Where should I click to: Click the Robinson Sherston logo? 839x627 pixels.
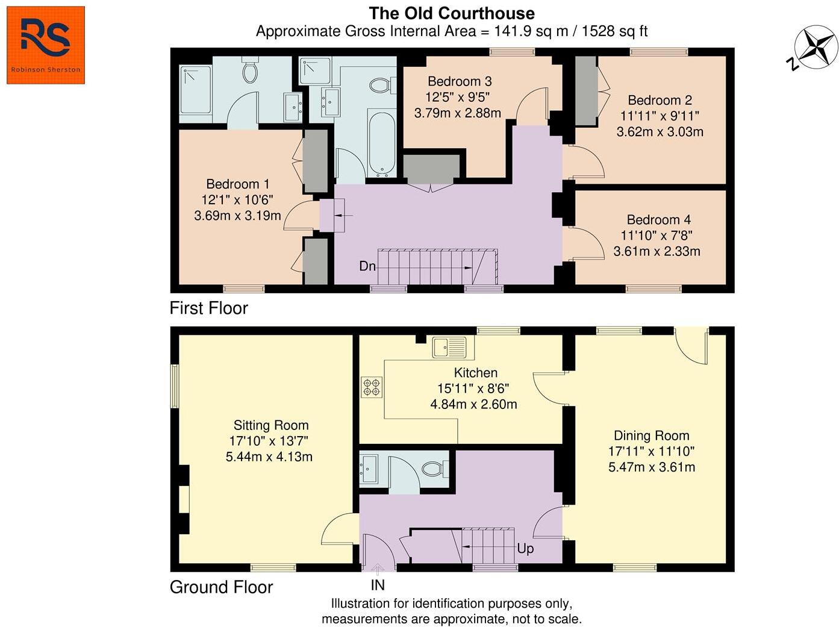pyautogui.click(x=46, y=45)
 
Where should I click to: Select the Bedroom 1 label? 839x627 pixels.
pyautogui.click(x=237, y=184)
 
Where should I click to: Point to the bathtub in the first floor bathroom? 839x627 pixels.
pyautogui.click(x=382, y=143)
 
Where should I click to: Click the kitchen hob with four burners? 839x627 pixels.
pyautogui.click(x=371, y=387)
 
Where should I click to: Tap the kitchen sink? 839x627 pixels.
pyautogui.click(x=449, y=347)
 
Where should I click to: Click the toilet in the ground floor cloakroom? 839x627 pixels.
pyautogui.click(x=434, y=468)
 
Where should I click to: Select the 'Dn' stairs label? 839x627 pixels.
pyautogui.click(x=367, y=266)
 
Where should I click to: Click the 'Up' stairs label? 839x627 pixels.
pyautogui.click(x=525, y=549)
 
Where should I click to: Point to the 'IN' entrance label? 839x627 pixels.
pyautogui.click(x=378, y=585)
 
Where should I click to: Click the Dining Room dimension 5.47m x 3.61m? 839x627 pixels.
pyautogui.click(x=652, y=467)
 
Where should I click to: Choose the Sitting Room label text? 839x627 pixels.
pyautogui.click(x=271, y=425)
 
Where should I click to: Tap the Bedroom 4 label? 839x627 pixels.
pyautogui.click(x=658, y=220)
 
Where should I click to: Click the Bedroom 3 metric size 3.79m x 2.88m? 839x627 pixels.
pyautogui.click(x=458, y=113)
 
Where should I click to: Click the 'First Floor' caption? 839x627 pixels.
pyautogui.click(x=208, y=308)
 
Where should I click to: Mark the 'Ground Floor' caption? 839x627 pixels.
pyautogui.click(x=221, y=587)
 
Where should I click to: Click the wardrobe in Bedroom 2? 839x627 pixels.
pyautogui.click(x=585, y=91)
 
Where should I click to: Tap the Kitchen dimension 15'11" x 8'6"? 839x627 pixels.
pyautogui.click(x=474, y=388)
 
